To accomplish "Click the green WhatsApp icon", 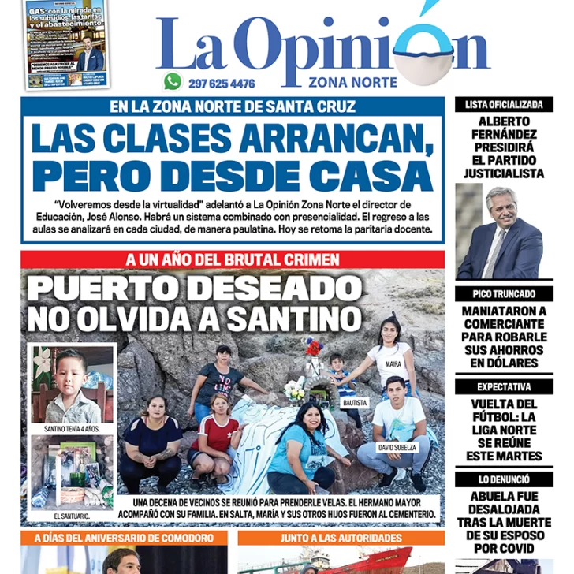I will click(x=173, y=81).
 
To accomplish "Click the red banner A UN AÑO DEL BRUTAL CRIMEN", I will click(x=233, y=259).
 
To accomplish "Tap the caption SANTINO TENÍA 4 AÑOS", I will click(x=73, y=430).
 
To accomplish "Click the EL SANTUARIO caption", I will click(x=72, y=515).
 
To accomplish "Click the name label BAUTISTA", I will click(x=355, y=402).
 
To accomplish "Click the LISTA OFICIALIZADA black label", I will click(x=504, y=104).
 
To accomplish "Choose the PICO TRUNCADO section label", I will click(x=504, y=293).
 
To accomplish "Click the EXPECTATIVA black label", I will click(x=504, y=387).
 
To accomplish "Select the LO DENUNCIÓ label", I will click(x=504, y=479).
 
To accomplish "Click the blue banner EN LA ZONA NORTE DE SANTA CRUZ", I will click(x=233, y=106).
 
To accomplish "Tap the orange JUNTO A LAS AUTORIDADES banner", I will click(x=341, y=538).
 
